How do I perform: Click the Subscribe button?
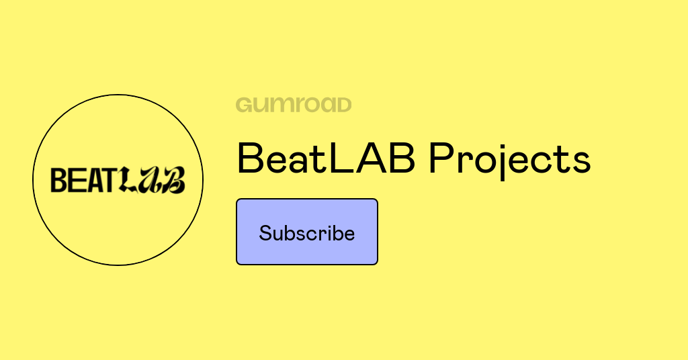307,232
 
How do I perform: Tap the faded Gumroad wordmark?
294,105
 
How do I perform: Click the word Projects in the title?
510,159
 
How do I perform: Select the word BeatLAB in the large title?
326,159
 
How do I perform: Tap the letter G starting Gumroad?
244,105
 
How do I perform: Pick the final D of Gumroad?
343,105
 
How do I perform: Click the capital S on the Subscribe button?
265,233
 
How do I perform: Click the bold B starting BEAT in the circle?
58,180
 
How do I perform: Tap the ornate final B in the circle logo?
173,180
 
